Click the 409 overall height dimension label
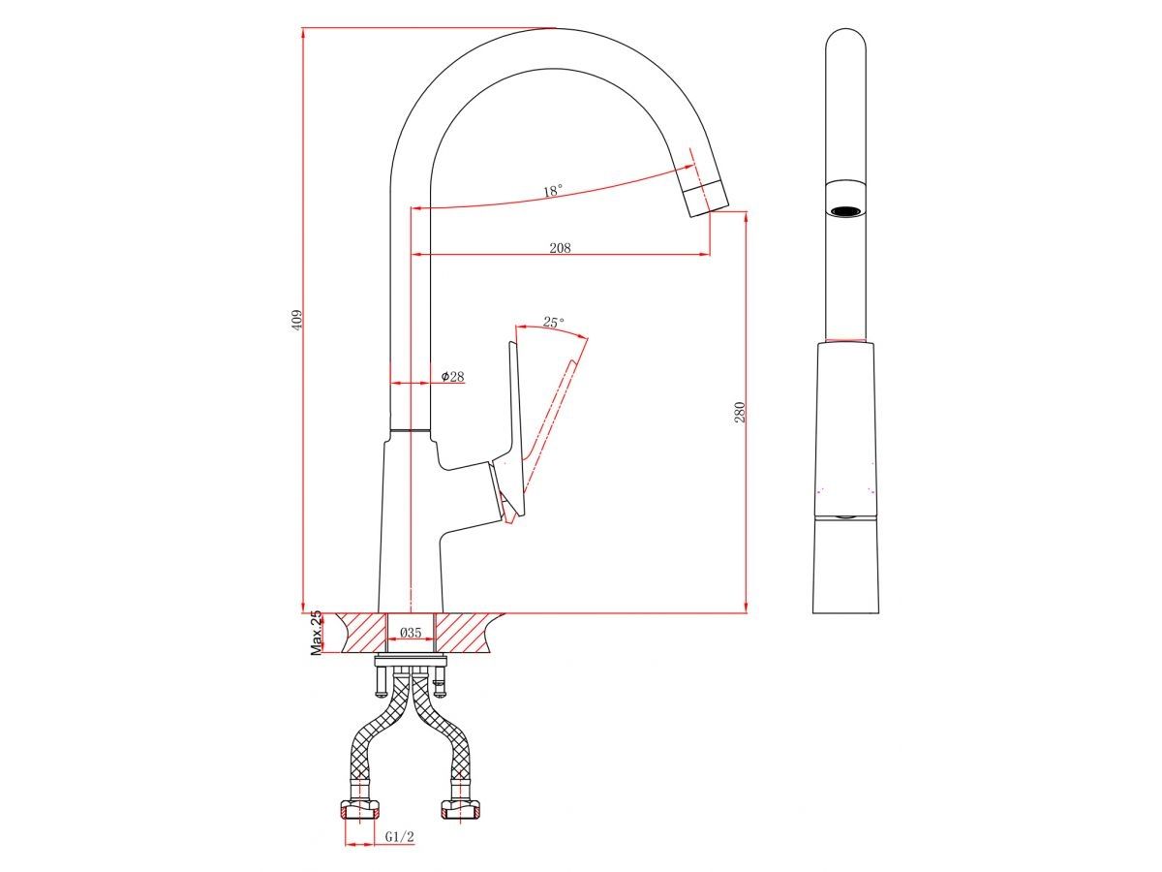point(297,321)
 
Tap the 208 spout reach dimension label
point(560,247)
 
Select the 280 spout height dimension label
point(740,413)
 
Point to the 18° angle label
point(553,191)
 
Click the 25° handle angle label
point(554,322)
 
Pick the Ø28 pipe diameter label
point(452,377)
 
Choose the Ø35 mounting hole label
point(411,633)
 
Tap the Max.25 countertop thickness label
point(316,634)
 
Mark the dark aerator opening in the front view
point(845,211)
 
